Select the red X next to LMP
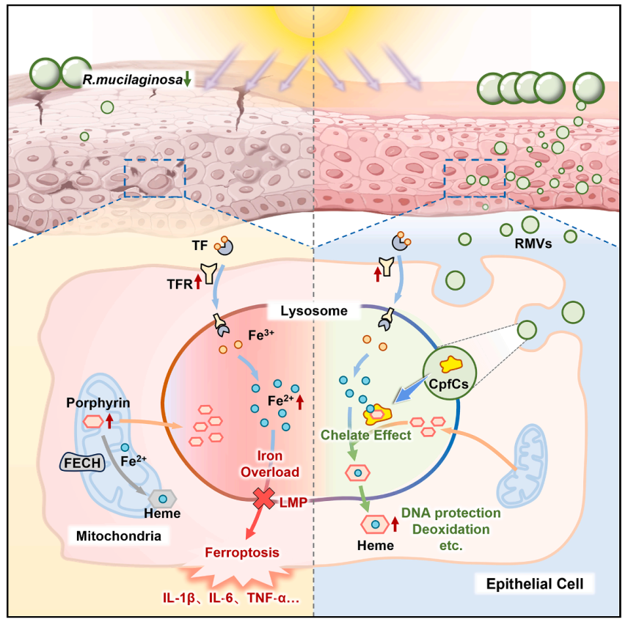pyautogui.click(x=263, y=499)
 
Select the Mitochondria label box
pyautogui.click(x=119, y=536)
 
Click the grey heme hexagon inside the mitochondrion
pyautogui.click(x=164, y=498)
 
